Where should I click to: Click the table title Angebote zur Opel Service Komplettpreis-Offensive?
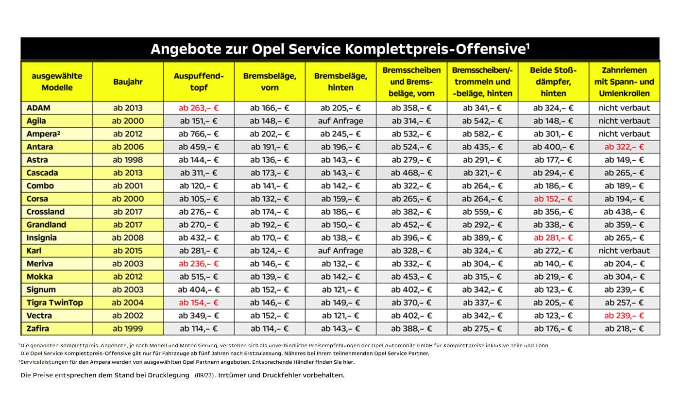point(340,49)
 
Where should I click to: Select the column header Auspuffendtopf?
point(199,82)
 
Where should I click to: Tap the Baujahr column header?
point(128,82)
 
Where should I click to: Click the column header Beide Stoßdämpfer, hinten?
point(553,82)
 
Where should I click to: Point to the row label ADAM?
point(39,108)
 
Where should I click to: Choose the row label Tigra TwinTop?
point(55,303)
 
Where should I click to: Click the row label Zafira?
point(38,328)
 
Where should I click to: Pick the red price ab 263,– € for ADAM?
point(199,108)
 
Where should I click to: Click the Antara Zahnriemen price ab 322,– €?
point(624,147)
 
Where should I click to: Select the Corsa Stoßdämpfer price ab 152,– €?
point(553,199)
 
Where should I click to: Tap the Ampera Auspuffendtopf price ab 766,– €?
point(199,134)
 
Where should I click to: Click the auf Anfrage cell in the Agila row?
point(340,121)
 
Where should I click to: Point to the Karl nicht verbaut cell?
point(624,251)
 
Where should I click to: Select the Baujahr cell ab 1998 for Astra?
point(128,160)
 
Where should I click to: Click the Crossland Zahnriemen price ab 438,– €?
point(624,212)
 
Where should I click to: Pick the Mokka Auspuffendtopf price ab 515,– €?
point(199,276)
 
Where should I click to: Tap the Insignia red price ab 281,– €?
point(553,237)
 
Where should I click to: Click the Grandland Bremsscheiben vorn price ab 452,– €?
point(411,224)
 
